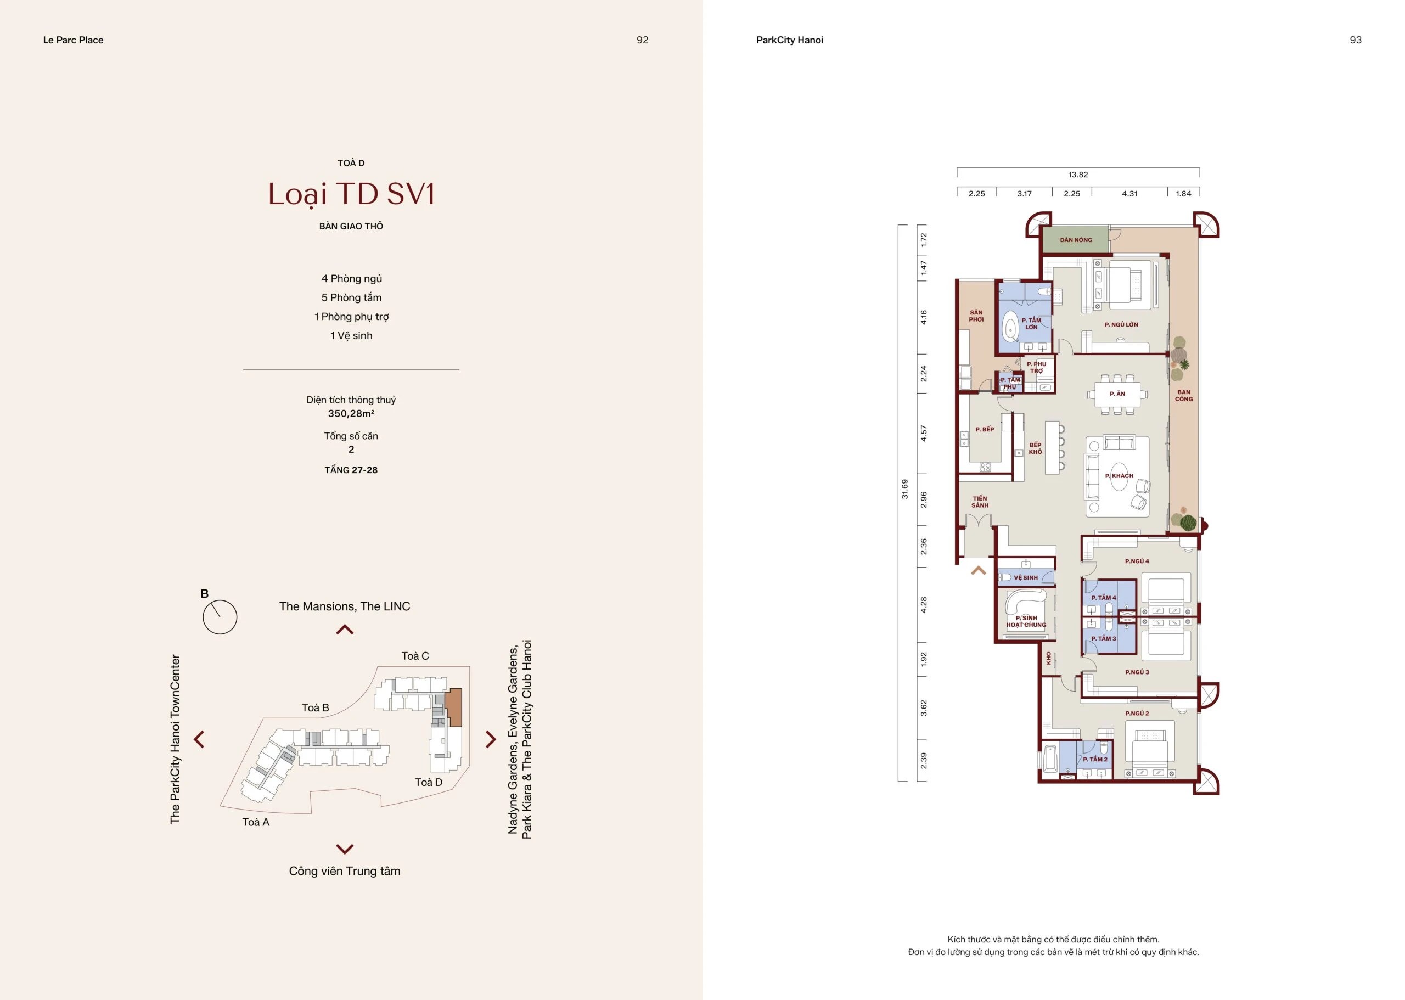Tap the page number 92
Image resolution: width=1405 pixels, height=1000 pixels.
click(642, 40)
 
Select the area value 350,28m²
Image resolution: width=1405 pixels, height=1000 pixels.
click(351, 413)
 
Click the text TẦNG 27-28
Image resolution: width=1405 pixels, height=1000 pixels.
click(351, 470)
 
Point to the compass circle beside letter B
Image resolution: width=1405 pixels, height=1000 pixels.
click(220, 617)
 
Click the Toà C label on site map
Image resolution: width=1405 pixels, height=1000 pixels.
click(415, 656)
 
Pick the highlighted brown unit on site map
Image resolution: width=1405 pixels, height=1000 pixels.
click(453, 707)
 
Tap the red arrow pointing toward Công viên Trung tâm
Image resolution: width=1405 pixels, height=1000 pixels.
click(345, 849)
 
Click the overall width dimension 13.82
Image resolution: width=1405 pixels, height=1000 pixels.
click(1078, 175)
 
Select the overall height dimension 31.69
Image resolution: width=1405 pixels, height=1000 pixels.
click(904, 489)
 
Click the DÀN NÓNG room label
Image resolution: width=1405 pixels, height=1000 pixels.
click(1076, 240)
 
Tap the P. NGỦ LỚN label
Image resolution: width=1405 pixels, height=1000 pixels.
click(1121, 324)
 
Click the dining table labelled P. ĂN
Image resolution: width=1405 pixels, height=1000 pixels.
click(1117, 394)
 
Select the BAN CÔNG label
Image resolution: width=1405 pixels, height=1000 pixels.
click(1183, 395)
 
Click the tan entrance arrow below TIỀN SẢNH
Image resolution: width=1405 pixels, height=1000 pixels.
click(979, 571)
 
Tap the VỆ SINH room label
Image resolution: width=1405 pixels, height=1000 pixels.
click(1026, 577)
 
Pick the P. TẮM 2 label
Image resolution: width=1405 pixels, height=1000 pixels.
click(1095, 759)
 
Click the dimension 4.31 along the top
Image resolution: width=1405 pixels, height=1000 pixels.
click(1130, 193)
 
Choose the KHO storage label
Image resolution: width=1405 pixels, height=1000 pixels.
click(1048, 658)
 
